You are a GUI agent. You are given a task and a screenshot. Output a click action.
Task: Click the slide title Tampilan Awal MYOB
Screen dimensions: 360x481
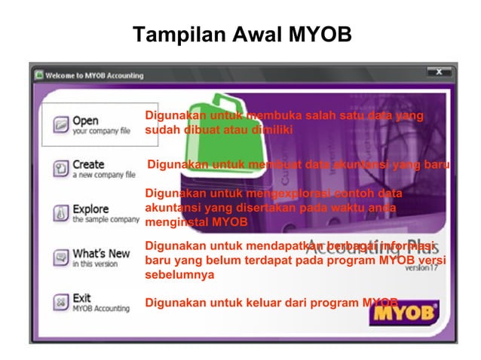coord(241,35)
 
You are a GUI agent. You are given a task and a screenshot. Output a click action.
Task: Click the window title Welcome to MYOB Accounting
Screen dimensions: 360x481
coord(94,75)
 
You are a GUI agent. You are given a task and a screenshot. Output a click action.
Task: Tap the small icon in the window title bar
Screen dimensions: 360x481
coord(38,75)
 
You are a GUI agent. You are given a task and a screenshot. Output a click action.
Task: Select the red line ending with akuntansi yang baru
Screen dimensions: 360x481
coord(298,164)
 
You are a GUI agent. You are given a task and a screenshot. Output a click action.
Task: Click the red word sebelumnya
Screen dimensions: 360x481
coord(179,275)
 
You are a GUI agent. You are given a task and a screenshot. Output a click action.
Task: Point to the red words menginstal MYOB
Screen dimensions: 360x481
coord(195,222)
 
